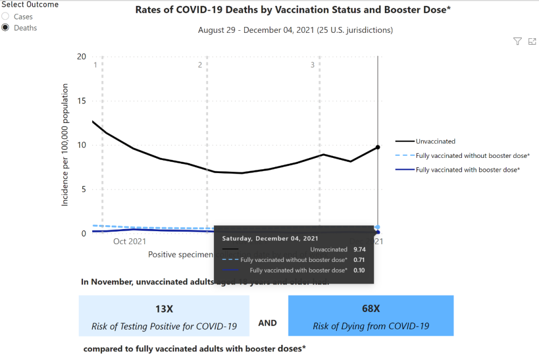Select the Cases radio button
pyautogui.click(x=6, y=17)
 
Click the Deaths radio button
pyautogui.click(x=6, y=27)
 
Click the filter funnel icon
pyautogui.click(x=517, y=41)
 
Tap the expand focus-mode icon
pyautogui.click(x=532, y=41)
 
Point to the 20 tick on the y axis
pyautogui.click(x=81, y=57)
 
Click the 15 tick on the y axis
pyautogui.click(x=81, y=101)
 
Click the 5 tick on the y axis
pyautogui.click(x=83, y=189)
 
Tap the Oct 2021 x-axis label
pyautogui.click(x=129, y=241)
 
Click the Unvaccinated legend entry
pyautogui.click(x=435, y=141)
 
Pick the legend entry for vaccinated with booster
pyautogui.click(x=467, y=170)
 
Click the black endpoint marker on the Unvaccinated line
pyautogui.click(x=378, y=147)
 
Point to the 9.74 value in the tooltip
pyautogui.click(x=359, y=250)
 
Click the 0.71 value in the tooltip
pyautogui.click(x=359, y=260)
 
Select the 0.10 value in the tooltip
pyautogui.click(x=359, y=270)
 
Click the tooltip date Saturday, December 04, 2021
pyautogui.click(x=270, y=238)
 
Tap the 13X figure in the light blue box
pyautogui.click(x=164, y=309)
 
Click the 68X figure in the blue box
pyautogui.click(x=371, y=309)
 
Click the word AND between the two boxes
pyautogui.click(x=268, y=323)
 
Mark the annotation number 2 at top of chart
pyautogui.click(x=200, y=65)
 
